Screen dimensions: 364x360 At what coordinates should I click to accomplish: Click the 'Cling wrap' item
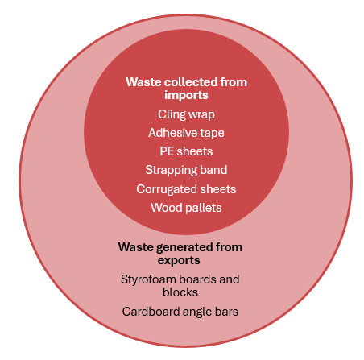click(186, 114)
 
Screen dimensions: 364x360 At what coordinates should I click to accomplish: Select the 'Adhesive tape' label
click(186, 133)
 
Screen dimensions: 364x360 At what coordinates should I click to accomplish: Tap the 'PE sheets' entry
click(186, 151)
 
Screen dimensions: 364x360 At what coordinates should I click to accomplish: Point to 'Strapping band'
click(186, 170)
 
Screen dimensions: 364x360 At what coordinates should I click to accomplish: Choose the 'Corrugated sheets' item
click(186, 189)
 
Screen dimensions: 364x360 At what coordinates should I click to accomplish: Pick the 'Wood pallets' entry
click(186, 208)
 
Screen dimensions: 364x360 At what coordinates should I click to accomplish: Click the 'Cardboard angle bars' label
click(180, 312)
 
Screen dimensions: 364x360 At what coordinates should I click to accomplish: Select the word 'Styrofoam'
click(145, 279)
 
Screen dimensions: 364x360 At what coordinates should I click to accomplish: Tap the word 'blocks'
click(180, 292)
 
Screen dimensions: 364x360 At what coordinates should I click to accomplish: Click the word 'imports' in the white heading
click(186, 95)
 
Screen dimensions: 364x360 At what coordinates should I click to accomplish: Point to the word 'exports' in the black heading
click(179, 260)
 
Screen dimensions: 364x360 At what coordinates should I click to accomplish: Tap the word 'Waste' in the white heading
click(143, 82)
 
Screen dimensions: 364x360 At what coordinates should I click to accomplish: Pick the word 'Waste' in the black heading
click(136, 247)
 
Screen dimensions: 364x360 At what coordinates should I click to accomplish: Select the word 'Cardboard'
click(151, 312)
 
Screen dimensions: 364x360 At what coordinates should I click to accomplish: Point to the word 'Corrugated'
click(167, 189)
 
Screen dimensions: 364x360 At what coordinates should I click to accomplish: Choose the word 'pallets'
click(204, 208)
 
